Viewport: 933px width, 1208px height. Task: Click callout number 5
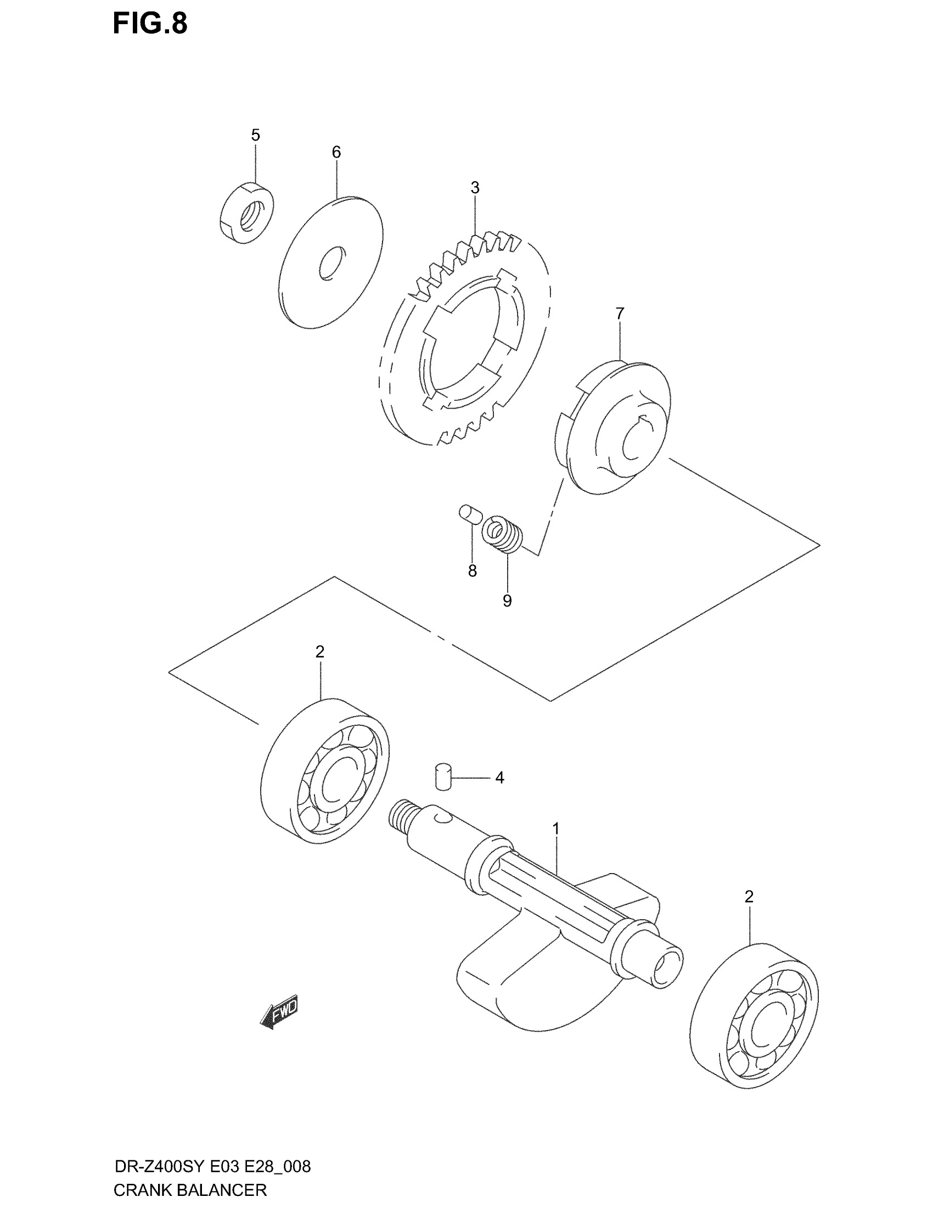(x=255, y=135)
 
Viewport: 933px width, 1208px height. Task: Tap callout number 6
(x=336, y=152)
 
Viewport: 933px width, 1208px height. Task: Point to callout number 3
(x=475, y=188)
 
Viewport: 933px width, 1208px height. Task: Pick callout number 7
(x=620, y=314)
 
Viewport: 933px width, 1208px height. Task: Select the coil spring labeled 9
(x=503, y=534)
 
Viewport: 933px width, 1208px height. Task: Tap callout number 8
(x=472, y=572)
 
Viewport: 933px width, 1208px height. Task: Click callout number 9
(x=507, y=601)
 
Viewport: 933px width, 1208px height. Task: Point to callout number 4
(x=499, y=778)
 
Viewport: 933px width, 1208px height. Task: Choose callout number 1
(x=556, y=844)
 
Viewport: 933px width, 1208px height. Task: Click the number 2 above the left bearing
(x=319, y=652)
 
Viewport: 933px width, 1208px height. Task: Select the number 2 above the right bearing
(x=749, y=897)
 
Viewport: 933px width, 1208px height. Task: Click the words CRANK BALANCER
(x=190, y=1190)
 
